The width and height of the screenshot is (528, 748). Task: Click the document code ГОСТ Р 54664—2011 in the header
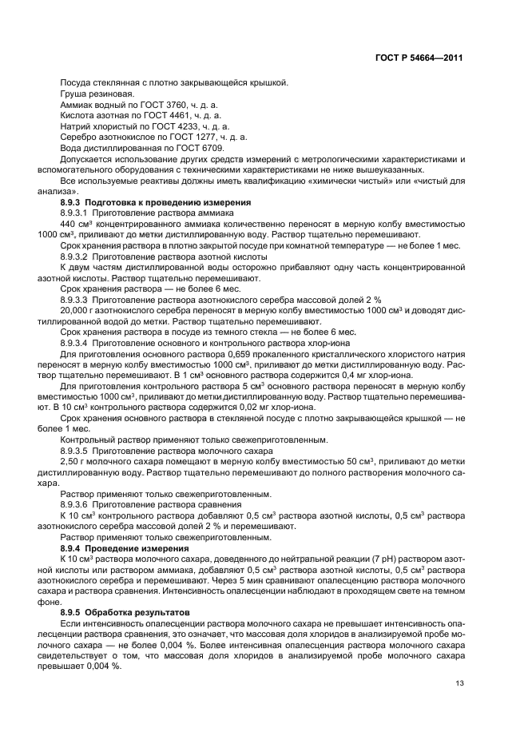coord(424,58)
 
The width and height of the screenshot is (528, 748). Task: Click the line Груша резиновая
coord(91,94)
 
